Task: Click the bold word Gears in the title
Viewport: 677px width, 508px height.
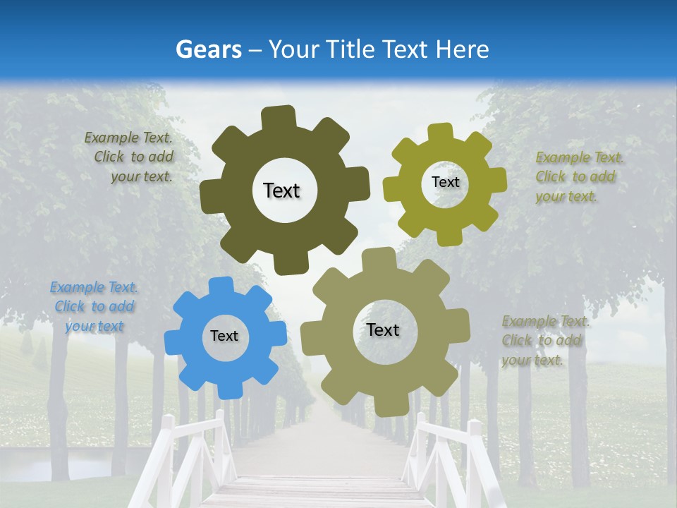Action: (x=208, y=49)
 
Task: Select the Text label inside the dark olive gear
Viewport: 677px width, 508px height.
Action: (x=281, y=190)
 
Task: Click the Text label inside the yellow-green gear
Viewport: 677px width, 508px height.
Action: (x=445, y=182)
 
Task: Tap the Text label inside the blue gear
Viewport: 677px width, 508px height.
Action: (x=224, y=336)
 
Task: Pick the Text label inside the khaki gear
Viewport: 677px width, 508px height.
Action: (x=383, y=329)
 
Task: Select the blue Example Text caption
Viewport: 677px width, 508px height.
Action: (x=94, y=307)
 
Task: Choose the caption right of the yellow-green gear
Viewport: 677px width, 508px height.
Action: (x=576, y=176)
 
